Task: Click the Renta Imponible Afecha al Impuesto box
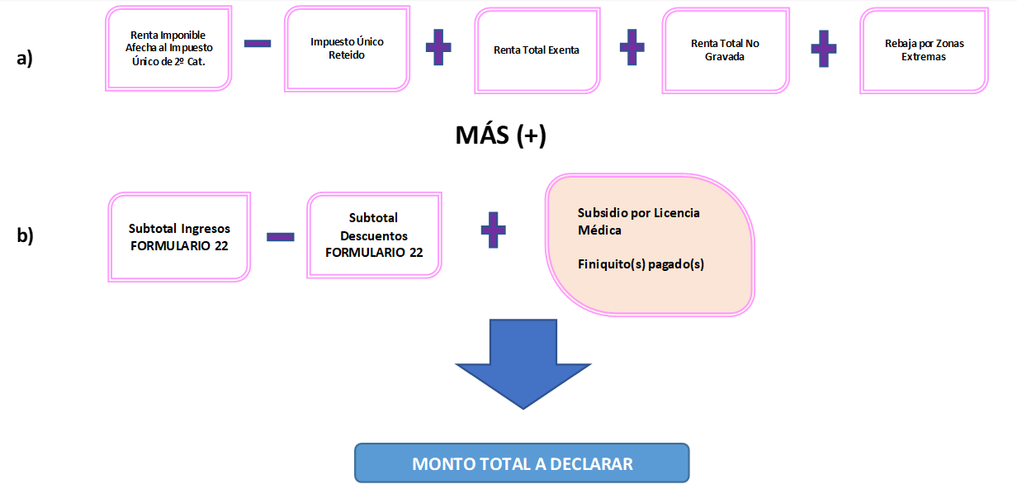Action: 168,48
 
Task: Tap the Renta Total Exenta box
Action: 537,50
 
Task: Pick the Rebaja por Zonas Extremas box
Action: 923,50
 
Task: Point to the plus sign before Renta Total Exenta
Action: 438,48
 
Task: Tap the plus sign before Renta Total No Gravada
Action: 631,48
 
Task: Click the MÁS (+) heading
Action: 500,135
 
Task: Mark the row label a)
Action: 25,58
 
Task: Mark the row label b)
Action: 25,235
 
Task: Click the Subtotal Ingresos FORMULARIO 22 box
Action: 179,236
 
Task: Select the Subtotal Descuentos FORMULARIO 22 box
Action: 374,235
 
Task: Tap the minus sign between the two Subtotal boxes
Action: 281,236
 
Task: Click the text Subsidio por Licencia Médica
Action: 638,221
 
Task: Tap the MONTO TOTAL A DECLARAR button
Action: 522,463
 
